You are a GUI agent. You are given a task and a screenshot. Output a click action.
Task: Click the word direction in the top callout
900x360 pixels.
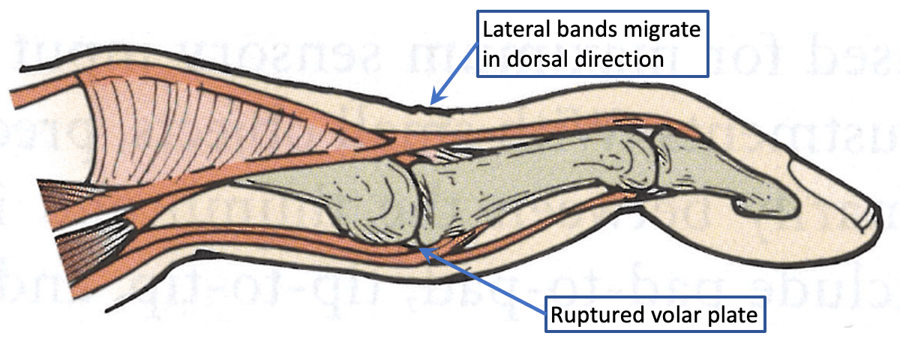(625, 58)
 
